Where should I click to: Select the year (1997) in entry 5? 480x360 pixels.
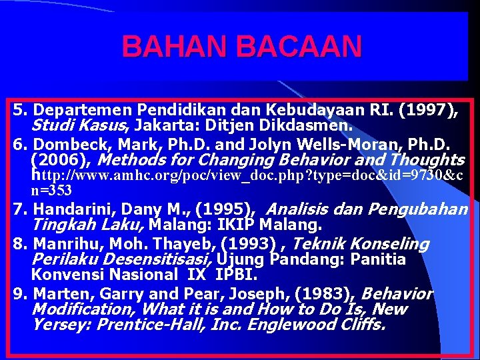coord(427,109)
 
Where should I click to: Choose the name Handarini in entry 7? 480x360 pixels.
coord(69,209)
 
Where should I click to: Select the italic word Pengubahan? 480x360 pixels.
coord(419,209)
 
